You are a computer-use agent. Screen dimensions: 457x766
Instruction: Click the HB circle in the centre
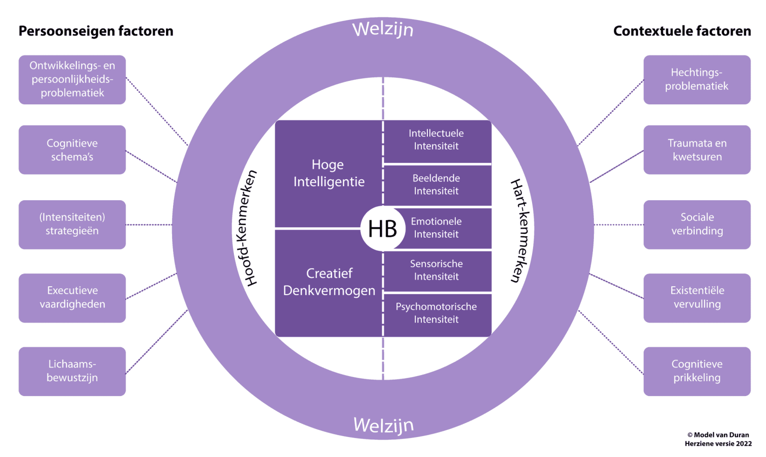[x=383, y=229]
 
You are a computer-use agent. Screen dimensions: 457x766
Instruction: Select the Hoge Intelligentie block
[x=329, y=173]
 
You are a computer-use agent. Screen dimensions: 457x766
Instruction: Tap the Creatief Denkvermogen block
[x=329, y=282]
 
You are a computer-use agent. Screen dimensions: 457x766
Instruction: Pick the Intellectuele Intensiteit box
[x=436, y=140]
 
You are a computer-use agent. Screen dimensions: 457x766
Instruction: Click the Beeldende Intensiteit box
[x=436, y=185]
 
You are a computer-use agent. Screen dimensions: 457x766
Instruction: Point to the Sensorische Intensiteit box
[x=436, y=270]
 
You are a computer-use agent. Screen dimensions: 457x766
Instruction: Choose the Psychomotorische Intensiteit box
[x=436, y=313]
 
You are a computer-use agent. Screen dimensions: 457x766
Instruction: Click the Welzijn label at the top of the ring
[x=383, y=29]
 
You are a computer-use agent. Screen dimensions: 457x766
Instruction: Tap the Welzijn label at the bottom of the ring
[x=383, y=425]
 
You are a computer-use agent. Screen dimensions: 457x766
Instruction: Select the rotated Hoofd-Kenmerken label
[x=246, y=228]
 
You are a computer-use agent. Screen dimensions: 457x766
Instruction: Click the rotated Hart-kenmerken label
[x=520, y=230]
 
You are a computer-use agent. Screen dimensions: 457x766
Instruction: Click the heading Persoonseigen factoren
[x=96, y=31]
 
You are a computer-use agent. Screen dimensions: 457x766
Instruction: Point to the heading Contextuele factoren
[x=682, y=31]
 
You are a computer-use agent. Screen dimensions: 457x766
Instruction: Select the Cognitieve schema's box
[x=72, y=150]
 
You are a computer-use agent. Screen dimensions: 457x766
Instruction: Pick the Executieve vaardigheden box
[x=72, y=298]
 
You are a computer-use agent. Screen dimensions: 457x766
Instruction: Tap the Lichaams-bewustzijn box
[x=72, y=371]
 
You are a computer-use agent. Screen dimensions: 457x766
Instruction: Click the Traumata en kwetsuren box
[x=697, y=150]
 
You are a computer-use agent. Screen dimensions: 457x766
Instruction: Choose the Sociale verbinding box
[x=697, y=224]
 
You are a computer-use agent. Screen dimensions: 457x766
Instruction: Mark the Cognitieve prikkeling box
[x=697, y=371]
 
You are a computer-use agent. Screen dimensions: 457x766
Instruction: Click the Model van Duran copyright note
[x=718, y=439]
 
